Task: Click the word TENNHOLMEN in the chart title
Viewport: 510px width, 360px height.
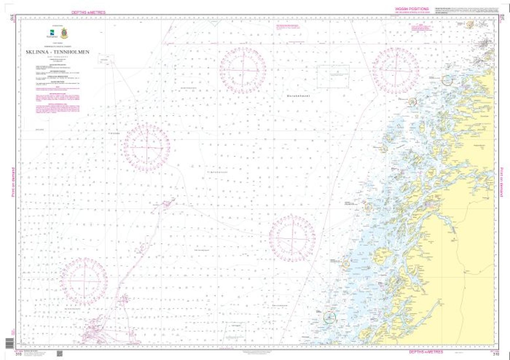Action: click(71, 52)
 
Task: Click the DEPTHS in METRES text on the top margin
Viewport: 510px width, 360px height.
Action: click(89, 12)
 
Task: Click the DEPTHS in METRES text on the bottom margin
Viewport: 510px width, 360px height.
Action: click(426, 352)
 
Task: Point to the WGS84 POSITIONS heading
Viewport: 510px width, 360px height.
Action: click(412, 9)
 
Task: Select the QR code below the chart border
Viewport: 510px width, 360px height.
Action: click(59, 353)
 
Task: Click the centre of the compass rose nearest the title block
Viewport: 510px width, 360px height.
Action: click(147, 148)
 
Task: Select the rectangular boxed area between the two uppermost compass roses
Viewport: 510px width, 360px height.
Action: click(333, 76)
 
